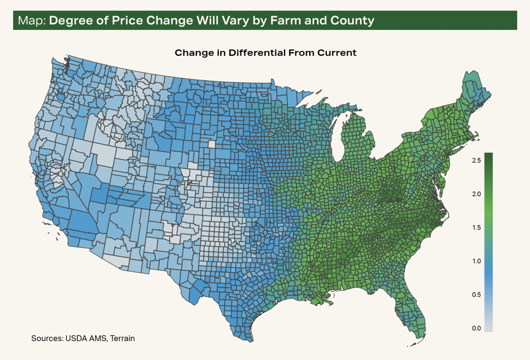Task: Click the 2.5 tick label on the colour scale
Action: click(x=476, y=161)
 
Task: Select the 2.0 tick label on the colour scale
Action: click(x=476, y=194)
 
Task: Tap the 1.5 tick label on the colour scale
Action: click(x=476, y=228)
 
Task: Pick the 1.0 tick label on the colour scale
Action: click(x=476, y=261)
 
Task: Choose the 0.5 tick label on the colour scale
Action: click(x=476, y=294)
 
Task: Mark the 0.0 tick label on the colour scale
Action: click(x=476, y=328)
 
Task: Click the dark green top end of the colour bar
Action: click(x=488, y=154)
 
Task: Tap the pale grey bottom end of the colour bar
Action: click(x=488, y=329)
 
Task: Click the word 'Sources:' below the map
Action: click(x=47, y=339)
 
